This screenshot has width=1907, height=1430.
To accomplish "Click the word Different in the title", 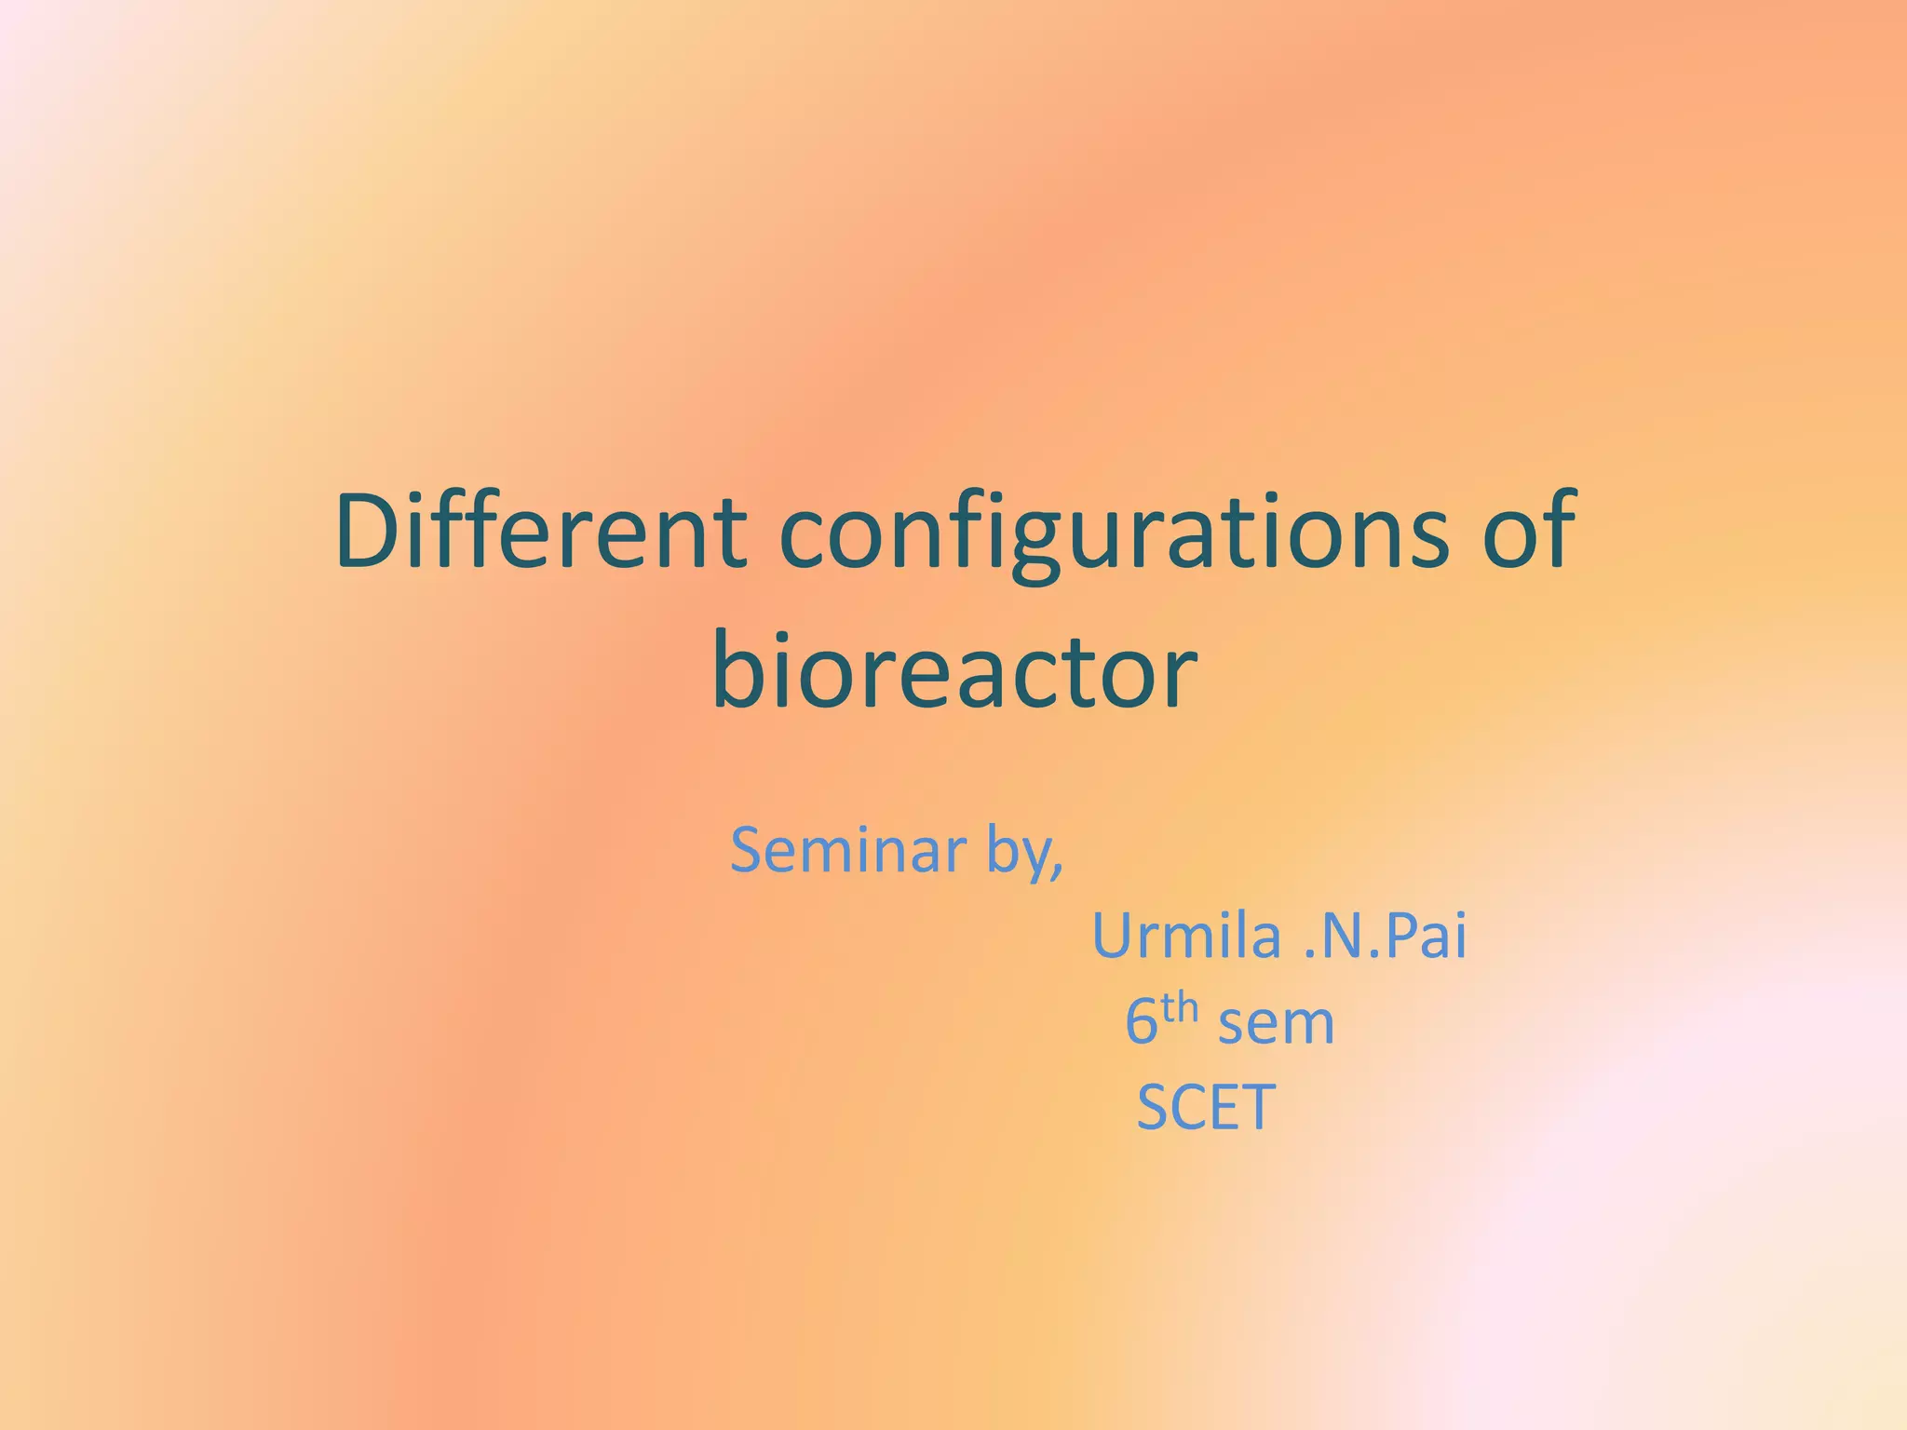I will pos(540,533).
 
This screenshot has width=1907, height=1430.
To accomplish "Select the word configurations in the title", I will pos(1113,535).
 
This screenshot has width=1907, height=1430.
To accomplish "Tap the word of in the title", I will pos(1527,533).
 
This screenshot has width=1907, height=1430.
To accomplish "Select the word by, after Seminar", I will pos(1024,853).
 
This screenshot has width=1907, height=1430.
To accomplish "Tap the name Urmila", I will pos(1186,936).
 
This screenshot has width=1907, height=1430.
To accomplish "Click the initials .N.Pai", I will pos(1385,936).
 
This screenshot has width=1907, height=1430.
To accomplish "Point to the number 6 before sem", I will pos(1141,1022).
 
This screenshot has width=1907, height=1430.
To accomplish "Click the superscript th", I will pos(1178,1008).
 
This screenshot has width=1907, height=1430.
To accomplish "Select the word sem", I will pos(1276,1024).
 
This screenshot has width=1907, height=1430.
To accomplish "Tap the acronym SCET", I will pos(1206,1108).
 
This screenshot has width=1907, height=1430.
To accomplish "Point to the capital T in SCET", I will pos(1258,1108).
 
